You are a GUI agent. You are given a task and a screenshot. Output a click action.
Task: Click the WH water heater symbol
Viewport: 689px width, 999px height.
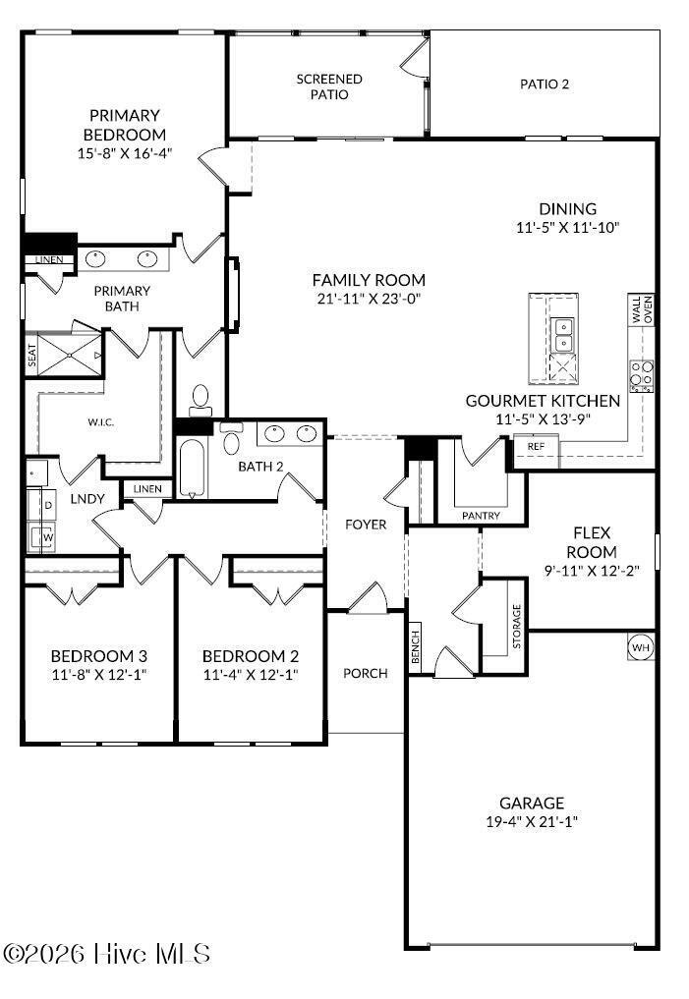[641, 647]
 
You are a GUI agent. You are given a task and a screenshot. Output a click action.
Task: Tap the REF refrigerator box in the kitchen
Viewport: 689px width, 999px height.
[536, 447]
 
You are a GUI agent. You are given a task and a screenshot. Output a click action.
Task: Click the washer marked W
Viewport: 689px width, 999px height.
[42, 536]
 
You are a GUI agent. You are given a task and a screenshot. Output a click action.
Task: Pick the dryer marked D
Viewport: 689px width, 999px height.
[42, 506]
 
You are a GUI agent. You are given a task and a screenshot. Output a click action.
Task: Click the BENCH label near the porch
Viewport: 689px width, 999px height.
[415, 646]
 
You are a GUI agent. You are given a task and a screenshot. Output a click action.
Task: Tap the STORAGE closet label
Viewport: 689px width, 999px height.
[516, 627]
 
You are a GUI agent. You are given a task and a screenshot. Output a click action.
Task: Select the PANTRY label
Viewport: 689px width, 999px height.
[482, 516]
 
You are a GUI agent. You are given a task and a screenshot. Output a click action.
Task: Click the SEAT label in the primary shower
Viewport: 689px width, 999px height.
[31, 356]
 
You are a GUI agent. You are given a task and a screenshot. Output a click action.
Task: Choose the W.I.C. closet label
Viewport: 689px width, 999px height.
[100, 421]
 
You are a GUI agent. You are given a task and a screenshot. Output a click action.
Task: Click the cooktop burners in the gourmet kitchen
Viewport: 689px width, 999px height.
[642, 376]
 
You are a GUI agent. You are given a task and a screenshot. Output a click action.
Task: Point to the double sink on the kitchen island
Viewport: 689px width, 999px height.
[563, 335]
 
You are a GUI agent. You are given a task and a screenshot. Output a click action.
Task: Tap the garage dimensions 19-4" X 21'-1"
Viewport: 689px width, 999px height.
[532, 821]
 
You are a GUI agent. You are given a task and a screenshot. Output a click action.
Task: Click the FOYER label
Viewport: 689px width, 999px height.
[366, 525]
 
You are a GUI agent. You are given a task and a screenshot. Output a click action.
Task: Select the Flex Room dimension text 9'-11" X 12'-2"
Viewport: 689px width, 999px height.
[592, 570]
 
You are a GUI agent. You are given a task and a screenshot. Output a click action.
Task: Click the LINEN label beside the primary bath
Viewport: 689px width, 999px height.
[49, 260]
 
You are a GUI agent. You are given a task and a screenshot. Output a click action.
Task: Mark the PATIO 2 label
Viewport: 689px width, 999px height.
[545, 84]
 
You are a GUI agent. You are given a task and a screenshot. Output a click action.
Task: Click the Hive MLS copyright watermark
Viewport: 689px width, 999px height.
[106, 954]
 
